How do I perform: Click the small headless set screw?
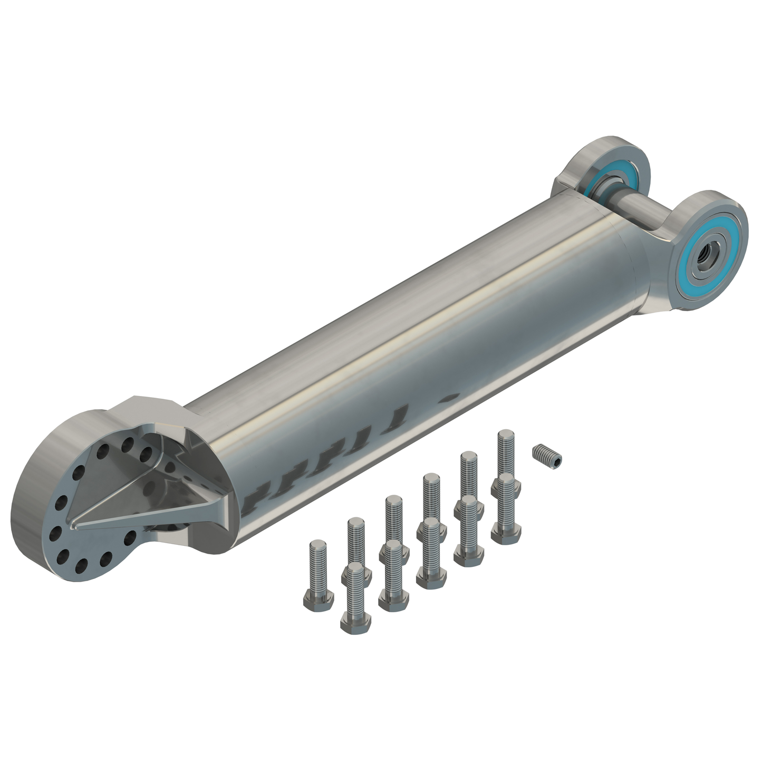[x=547, y=455]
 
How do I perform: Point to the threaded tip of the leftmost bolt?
[x=318, y=545]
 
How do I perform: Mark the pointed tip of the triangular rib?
[x=75, y=525]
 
